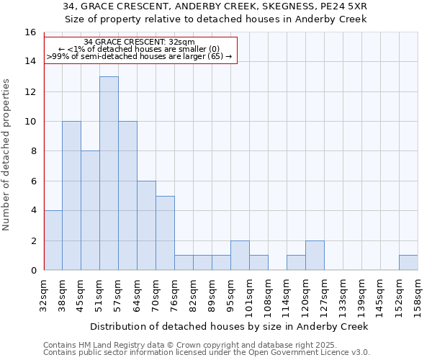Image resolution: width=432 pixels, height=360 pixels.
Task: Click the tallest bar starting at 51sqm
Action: [109, 173]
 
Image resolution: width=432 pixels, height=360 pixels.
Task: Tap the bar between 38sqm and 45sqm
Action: [71, 195]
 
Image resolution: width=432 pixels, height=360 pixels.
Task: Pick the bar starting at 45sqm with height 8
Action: [90, 210]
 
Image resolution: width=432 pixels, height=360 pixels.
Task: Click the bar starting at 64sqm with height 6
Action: [146, 225]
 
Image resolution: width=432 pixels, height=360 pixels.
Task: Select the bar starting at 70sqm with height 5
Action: [165, 233]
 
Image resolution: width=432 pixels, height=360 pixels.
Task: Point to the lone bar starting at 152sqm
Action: [408, 263]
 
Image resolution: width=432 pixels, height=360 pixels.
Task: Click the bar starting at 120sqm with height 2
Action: [315, 255]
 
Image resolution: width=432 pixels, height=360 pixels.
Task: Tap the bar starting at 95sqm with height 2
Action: [240, 255]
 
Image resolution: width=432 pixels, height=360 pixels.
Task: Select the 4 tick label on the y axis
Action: [33, 211]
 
